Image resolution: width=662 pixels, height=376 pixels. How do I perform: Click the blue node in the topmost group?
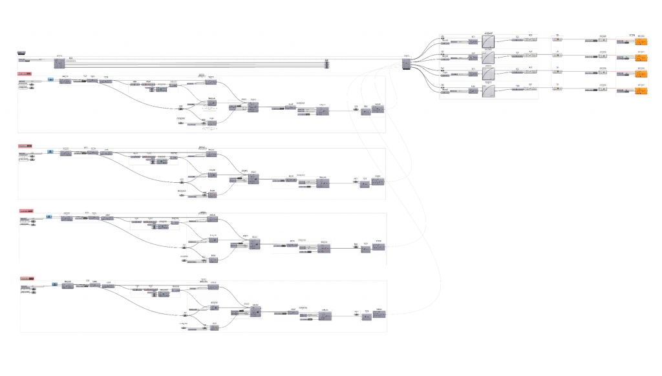50,80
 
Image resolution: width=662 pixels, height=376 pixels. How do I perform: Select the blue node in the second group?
50,152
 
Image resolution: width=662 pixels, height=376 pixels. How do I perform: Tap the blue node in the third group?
49,216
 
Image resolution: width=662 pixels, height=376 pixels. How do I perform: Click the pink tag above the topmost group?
25,74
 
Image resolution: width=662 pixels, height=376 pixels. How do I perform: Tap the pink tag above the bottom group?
27,278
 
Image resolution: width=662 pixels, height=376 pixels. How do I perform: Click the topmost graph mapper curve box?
488,40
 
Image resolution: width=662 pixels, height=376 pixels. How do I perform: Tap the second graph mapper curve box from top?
488,57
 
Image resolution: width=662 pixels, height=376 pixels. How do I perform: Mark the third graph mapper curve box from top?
488,74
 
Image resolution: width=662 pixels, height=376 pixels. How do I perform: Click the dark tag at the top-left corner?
21,52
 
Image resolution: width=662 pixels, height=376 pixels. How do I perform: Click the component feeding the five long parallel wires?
59,63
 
